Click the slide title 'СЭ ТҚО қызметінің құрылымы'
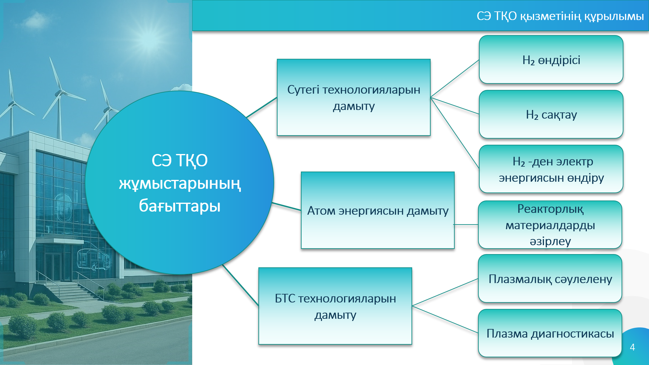(x=560, y=16)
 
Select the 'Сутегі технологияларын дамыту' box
(x=354, y=97)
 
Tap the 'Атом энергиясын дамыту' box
(x=378, y=210)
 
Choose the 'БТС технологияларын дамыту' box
(x=335, y=306)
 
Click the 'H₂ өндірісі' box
(x=551, y=59)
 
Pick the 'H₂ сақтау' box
(x=551, y=114)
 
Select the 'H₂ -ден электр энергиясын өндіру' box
(x=551, y=169)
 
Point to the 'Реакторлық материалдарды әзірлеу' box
(x=550, y=225)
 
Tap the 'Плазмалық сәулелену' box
(x=550, y=278)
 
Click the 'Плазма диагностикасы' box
(x=550, y=333)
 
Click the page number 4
(x=632, y=347)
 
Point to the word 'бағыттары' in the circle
(x=180, y=206)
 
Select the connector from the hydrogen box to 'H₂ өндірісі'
(x=455, y=79)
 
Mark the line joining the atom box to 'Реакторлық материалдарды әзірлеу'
(x=466, y=225)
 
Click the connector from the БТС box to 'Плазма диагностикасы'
(x=445, y=319)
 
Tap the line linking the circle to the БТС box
(x=241, y=285)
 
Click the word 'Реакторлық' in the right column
(x=550, y=209)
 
